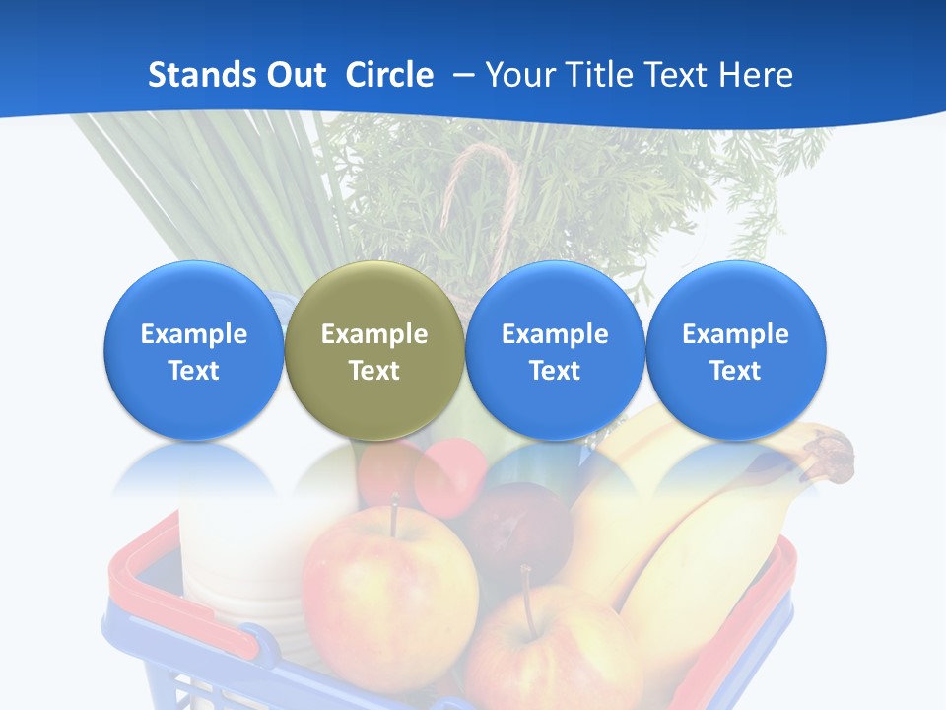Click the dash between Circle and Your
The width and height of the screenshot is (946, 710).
tap(459, 76)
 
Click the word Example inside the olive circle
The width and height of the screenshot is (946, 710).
tap(374, 334)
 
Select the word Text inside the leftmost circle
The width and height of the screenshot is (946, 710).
tap(194, 371)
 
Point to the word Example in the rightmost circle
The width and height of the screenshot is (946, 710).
tap(735, 334)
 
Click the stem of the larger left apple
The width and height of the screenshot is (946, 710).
tap(394, 516)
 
